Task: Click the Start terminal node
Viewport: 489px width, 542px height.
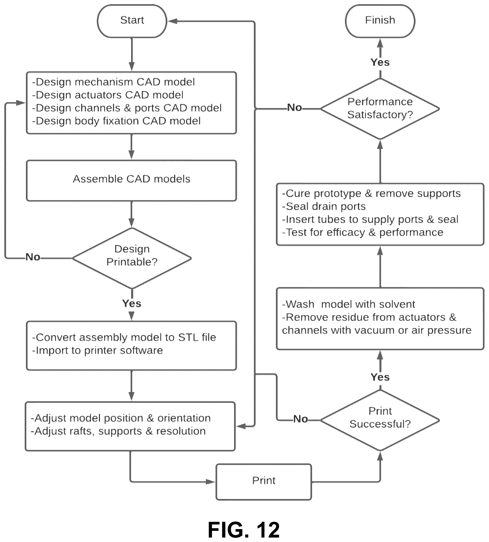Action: (x=132, y=21)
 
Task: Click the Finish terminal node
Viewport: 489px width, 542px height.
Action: (x=380, y=21)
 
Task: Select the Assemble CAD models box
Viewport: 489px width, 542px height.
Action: (x=131, y=181)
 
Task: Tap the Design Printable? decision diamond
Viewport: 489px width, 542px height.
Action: (x=132, y=258)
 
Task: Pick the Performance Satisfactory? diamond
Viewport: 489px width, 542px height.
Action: (x=380, y=109)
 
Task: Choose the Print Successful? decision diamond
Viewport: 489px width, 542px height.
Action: (x=380, y=420)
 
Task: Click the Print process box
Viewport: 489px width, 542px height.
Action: (x=264, y=482)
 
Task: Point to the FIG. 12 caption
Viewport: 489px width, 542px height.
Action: (x=244, y=530)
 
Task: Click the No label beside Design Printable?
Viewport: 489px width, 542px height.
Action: (x=33, y=257)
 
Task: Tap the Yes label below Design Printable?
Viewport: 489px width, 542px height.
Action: (x=132, y=304)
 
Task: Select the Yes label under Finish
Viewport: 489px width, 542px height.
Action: (x=380, y=62)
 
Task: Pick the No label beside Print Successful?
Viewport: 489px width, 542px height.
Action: (x=300, y=419)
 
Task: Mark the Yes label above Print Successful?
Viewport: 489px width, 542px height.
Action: (x=380, y=377)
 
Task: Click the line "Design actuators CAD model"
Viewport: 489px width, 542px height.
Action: (x=108, y=95)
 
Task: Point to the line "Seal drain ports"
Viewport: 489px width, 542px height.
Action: (x=324, y=206)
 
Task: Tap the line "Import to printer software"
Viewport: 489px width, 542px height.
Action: (x=97, y=351)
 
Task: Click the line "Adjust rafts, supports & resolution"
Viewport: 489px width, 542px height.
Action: (x=118, y=431)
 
